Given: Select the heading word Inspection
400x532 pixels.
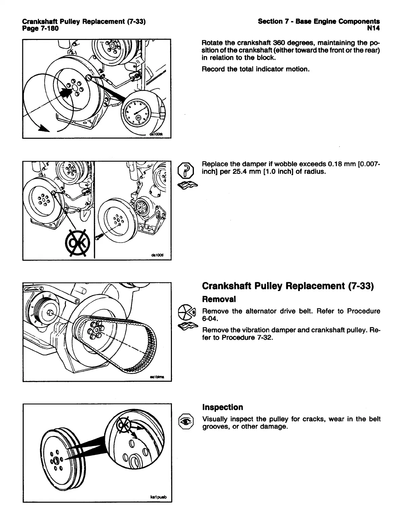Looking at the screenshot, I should coord(222,407).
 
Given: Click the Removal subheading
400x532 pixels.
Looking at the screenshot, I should coord(219,299).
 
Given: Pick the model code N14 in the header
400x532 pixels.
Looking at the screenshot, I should coord(374,28).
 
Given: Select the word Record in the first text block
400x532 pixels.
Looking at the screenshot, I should coord(213,69).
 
